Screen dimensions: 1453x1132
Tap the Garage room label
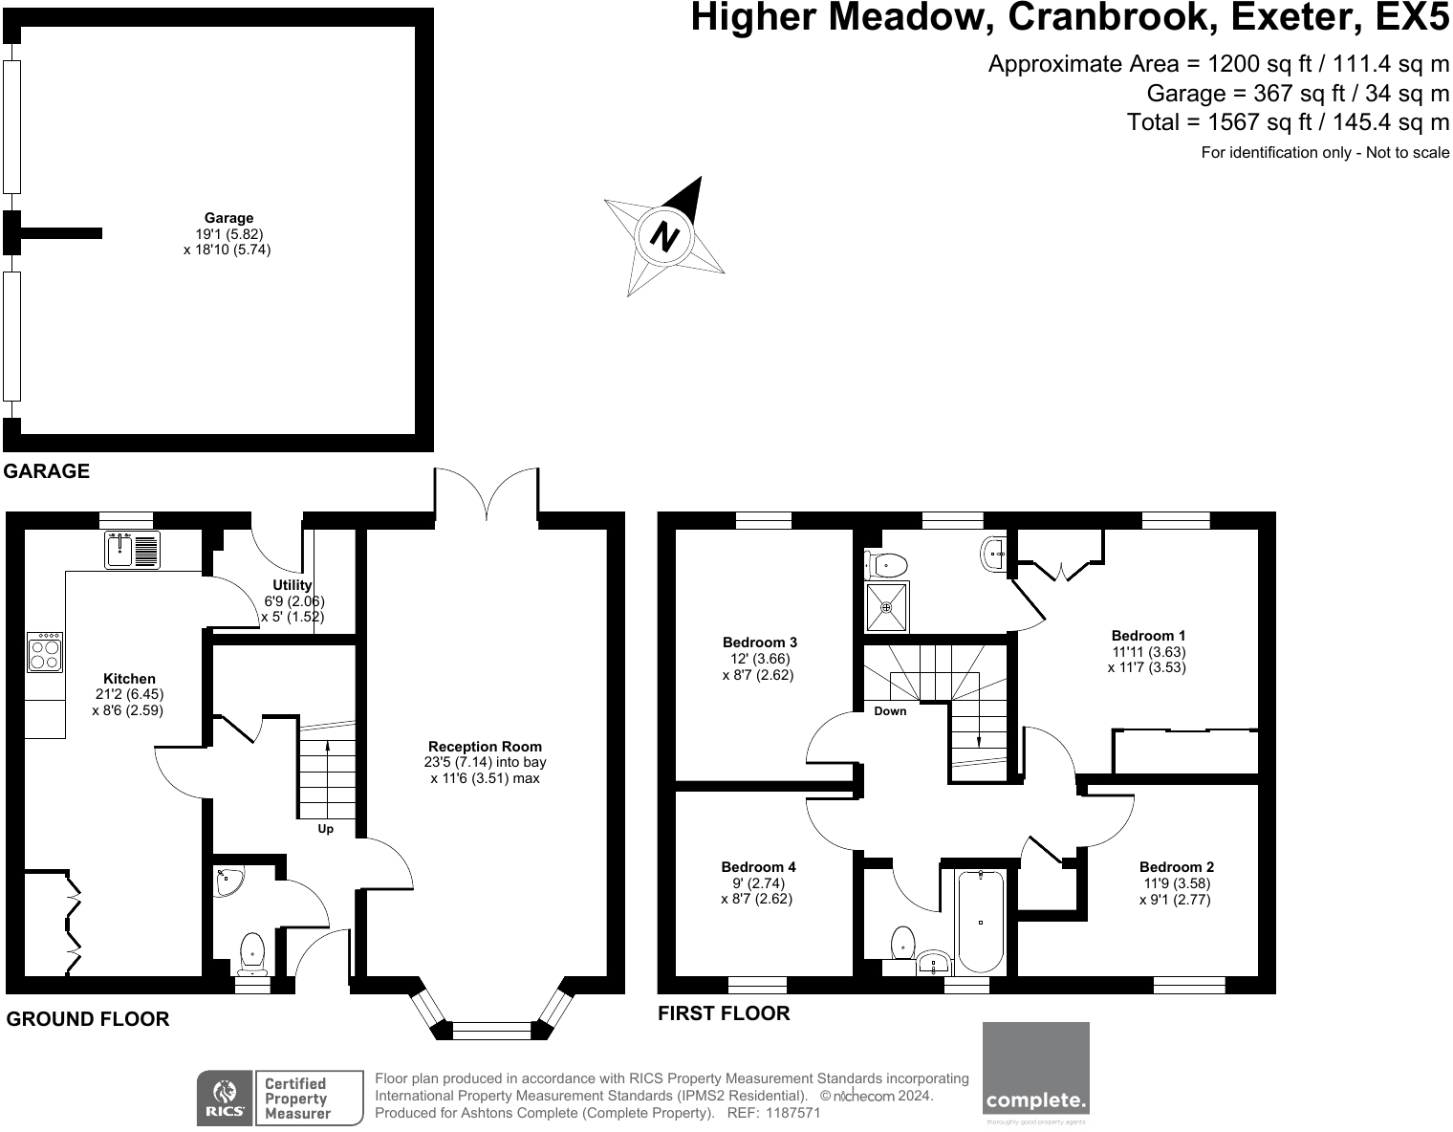point(228,218)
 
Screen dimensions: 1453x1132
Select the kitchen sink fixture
point(132,550)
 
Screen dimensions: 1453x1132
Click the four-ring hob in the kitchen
point(45,651)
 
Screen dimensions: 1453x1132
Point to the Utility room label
point(293,585)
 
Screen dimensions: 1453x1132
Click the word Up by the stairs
point(326,829)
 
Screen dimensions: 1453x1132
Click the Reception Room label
point(485,747)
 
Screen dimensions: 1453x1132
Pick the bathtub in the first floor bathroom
point(981,921)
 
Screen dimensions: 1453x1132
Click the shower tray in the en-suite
point(887,606)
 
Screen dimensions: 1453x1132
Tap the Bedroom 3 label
point(760,642)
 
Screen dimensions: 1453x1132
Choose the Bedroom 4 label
point(758,867)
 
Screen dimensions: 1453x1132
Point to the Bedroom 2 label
point(1177,867)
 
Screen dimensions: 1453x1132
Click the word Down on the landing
point(890,710)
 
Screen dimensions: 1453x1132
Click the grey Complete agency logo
point(1036,1074)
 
